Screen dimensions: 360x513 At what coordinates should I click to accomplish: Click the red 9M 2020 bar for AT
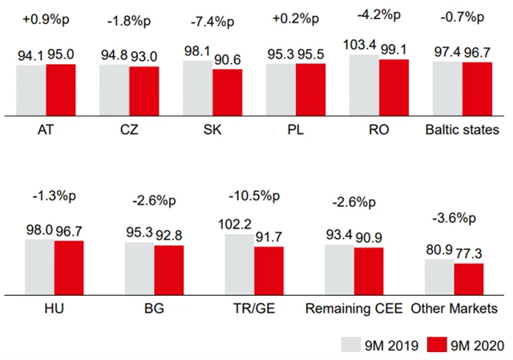(60, 88)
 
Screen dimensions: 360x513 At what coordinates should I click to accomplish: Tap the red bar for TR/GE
(269, 270)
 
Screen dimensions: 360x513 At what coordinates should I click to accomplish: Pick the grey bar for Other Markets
(439, 276)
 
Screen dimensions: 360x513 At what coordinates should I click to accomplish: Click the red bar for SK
(227, 91)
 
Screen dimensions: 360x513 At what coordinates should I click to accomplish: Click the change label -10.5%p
(254, 196)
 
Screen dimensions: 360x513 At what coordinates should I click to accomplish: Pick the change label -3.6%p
(453, 219)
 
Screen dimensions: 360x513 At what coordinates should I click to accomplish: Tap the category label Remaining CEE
(354, 309)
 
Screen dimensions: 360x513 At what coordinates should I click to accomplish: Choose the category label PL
(297, 130)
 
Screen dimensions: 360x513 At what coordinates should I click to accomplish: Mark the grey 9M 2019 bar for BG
(139, 267)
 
